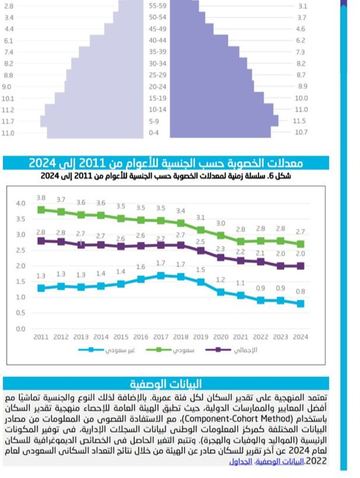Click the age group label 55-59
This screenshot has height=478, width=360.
(x=158, y=6)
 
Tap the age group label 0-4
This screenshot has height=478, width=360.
(x=155, y=133)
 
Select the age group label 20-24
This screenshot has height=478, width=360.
(x=158, y=86)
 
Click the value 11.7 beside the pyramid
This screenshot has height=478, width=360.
(x=8, y=121)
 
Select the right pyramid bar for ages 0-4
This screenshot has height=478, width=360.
(x=222, y=133)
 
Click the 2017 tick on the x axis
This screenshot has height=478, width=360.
(x=160, y=337)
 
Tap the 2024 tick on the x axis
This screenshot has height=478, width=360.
(x=300, y=337)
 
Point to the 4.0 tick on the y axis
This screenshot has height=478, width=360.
(x=20, y=203)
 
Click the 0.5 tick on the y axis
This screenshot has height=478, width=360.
(x=20, y=313)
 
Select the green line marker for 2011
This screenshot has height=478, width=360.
(x=41, y=209)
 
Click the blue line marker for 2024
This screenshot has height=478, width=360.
(x=300, y=304)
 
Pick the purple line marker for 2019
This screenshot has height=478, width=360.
(x=200, y=251)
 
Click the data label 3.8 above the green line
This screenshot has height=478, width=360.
(x=41, y=198)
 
